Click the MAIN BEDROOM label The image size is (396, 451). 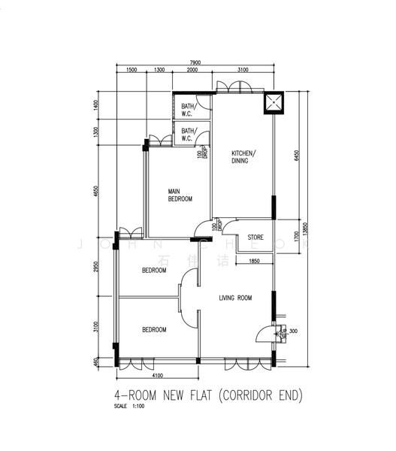coord(180,195)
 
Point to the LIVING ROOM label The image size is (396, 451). coord(235,298)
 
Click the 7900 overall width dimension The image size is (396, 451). coord(195,62)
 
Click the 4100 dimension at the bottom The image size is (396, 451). coord(158,375)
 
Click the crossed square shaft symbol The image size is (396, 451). coord(274,104)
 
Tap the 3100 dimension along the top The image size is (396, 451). coord(242,70)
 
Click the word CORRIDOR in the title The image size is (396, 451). coord(239,395)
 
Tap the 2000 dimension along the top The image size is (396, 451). coord(192,70)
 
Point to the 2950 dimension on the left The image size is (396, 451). coord(95,268)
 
